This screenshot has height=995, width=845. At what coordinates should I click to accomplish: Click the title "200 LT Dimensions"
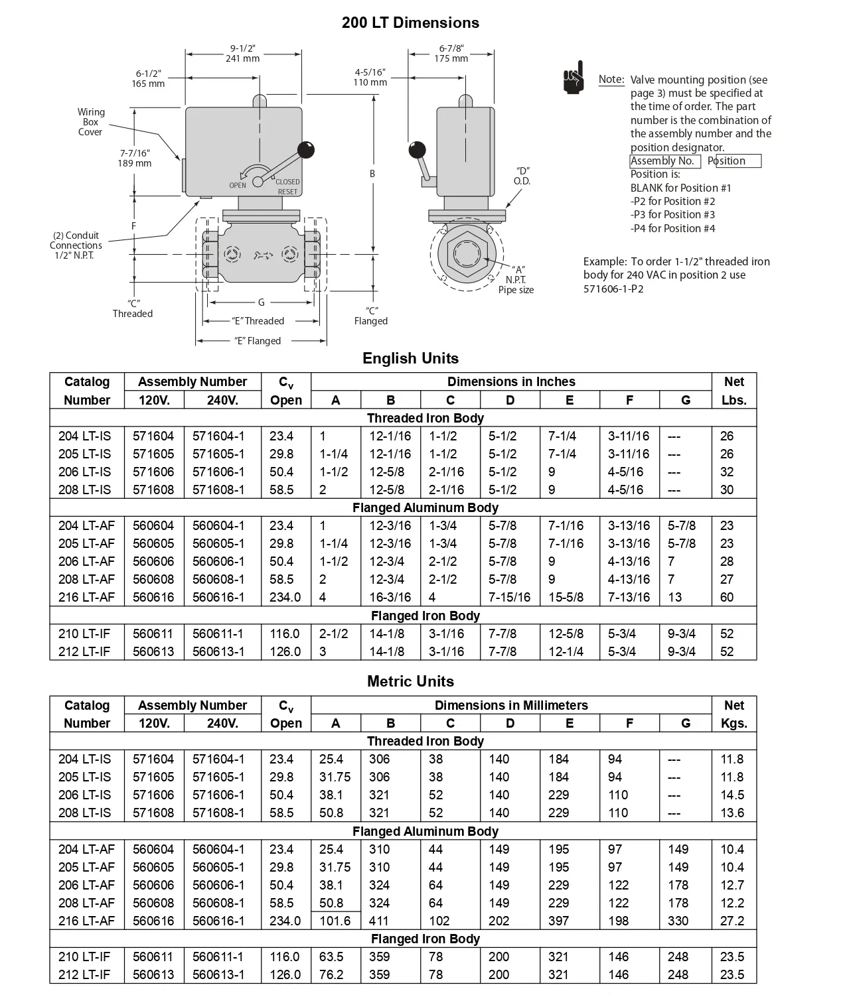[x=410, y=23]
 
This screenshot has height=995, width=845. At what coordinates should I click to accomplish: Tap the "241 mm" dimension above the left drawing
[x=242, y=58]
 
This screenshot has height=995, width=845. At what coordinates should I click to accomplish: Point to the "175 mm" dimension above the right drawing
[x=451, y=58]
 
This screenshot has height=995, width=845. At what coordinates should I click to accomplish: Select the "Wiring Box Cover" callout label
[x=91, y=122]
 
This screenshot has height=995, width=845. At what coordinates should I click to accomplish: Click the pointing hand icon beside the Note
[x=574, y=78]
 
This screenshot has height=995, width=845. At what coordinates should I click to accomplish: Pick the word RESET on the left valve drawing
[x=287, y=192]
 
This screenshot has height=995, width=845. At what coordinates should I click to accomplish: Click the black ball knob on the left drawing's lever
[x=305, y=150]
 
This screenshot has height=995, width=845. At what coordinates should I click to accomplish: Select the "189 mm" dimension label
[x=134, y=163]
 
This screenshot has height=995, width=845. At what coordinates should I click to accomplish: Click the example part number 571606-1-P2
[x=613, y=289]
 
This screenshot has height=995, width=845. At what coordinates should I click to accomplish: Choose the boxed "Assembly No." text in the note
[x=664, y=161]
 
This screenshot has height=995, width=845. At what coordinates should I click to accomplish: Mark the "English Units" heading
[x=410, y=358]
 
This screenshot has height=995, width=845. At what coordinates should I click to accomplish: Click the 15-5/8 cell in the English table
[x=566, y=597]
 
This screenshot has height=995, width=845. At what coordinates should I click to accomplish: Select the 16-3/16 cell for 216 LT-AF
[x=390, y=597]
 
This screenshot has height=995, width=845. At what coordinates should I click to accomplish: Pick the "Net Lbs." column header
[x=733, y=391]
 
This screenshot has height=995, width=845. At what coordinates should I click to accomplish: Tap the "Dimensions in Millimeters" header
[x=511, y=705]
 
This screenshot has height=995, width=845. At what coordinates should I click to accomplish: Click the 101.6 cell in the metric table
[x=335, y=921]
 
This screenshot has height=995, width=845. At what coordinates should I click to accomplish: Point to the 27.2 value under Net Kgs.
[x=732, y=921]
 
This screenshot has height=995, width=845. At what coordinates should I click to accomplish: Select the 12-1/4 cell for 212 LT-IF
[x=566, y=651]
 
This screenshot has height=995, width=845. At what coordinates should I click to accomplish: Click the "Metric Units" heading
[x=410, y=681]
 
